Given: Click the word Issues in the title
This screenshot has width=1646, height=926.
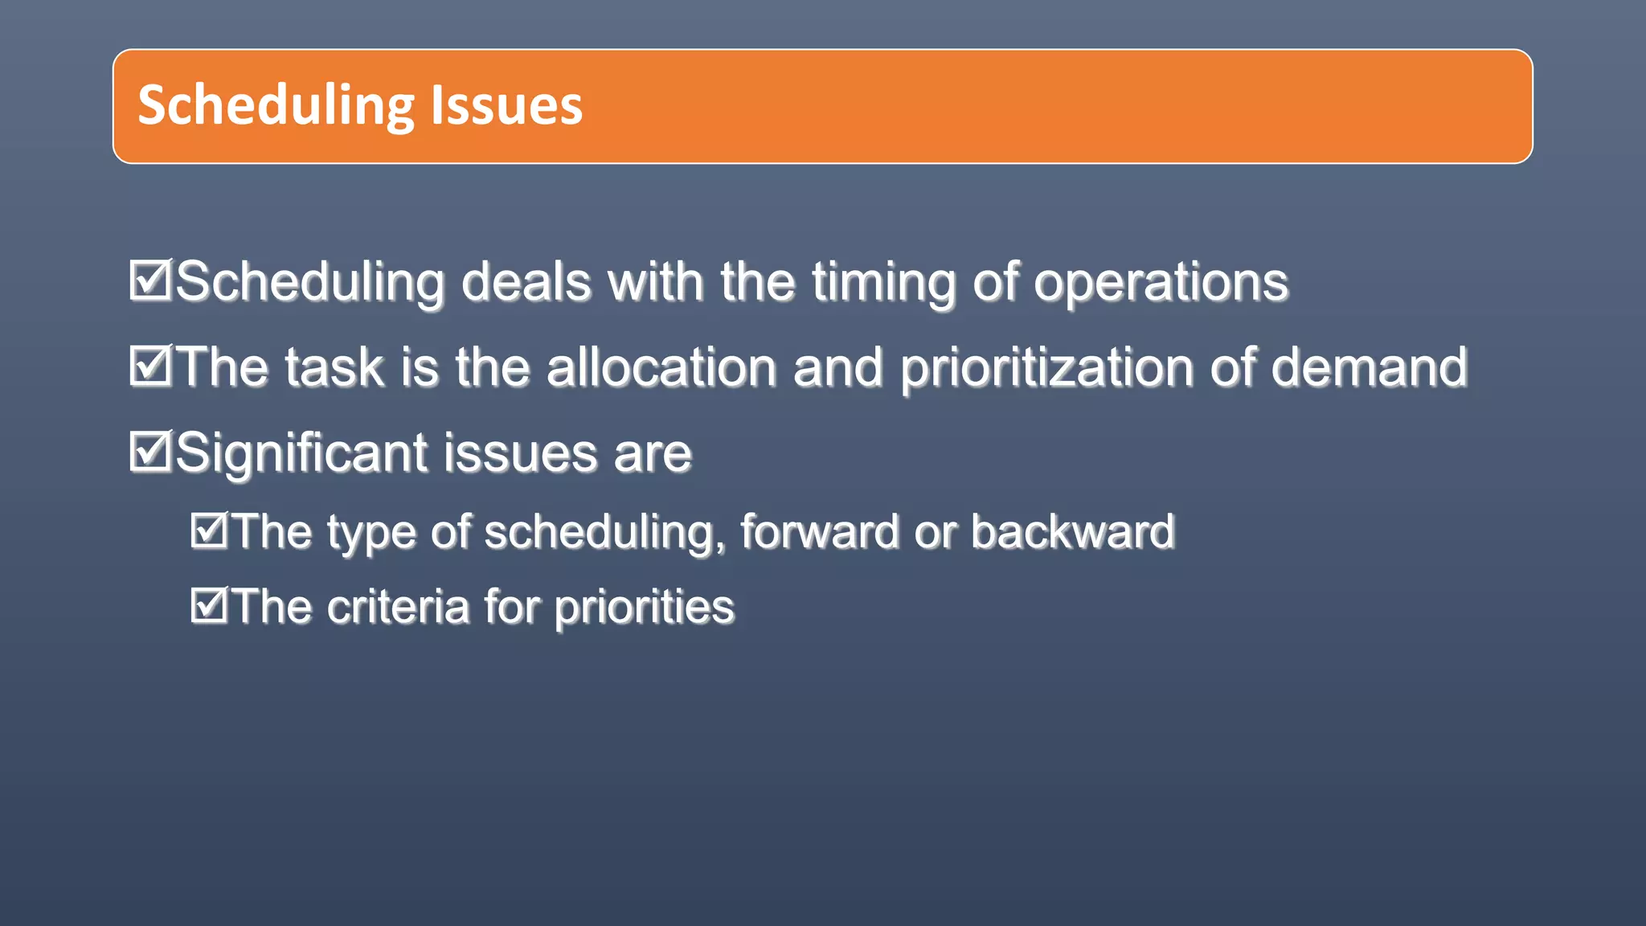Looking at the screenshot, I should [506, 105].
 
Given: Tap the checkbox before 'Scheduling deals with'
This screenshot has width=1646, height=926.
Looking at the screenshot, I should [149, 281].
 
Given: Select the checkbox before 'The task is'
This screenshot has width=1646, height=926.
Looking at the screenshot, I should [149, 366].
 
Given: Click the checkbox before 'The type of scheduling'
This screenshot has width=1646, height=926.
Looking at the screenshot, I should [210, 531].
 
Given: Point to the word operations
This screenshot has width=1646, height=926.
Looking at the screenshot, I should [1161, 282].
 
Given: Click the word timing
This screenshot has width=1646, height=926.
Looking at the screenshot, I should [884, 282].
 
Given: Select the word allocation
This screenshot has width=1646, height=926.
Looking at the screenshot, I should [661, 367].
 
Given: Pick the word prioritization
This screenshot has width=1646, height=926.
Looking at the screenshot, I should [1046, 367].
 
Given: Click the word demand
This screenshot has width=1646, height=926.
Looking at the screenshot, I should [1370, 367].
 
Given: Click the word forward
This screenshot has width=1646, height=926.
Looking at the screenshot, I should [819, 532].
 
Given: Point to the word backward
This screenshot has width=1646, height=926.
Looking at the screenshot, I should [1072, 532].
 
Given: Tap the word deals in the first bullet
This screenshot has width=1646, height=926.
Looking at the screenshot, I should [526, 282].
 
